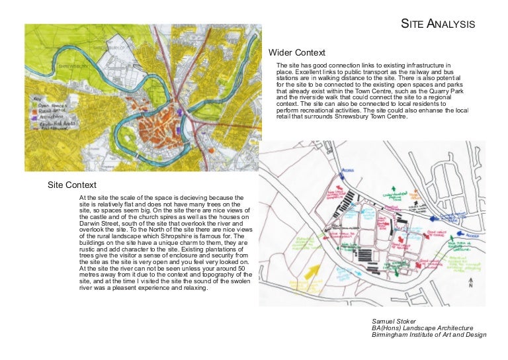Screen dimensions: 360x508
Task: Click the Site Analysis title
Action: pyautogui.click(x=439, y=24)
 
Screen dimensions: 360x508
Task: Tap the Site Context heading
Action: pyautogui.click(x=71, y=185)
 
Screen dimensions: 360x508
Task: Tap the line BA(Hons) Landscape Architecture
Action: pyautogui.click(x=423, y=328)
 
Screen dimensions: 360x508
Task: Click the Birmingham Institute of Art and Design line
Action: pyautogui.click(x=429, y=335)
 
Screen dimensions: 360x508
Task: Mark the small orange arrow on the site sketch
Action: pyautogui.click(x=415, y=195)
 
